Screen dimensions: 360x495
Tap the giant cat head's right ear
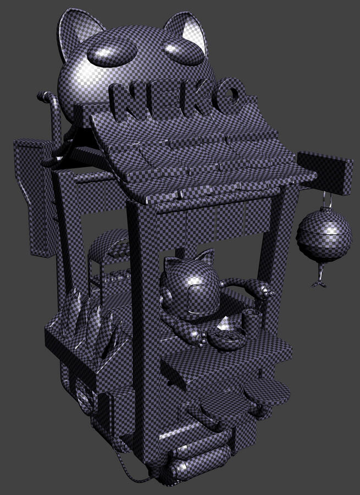coord(189,30)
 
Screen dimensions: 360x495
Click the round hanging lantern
coord(324,234)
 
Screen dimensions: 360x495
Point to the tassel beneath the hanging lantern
coord(320,276)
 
